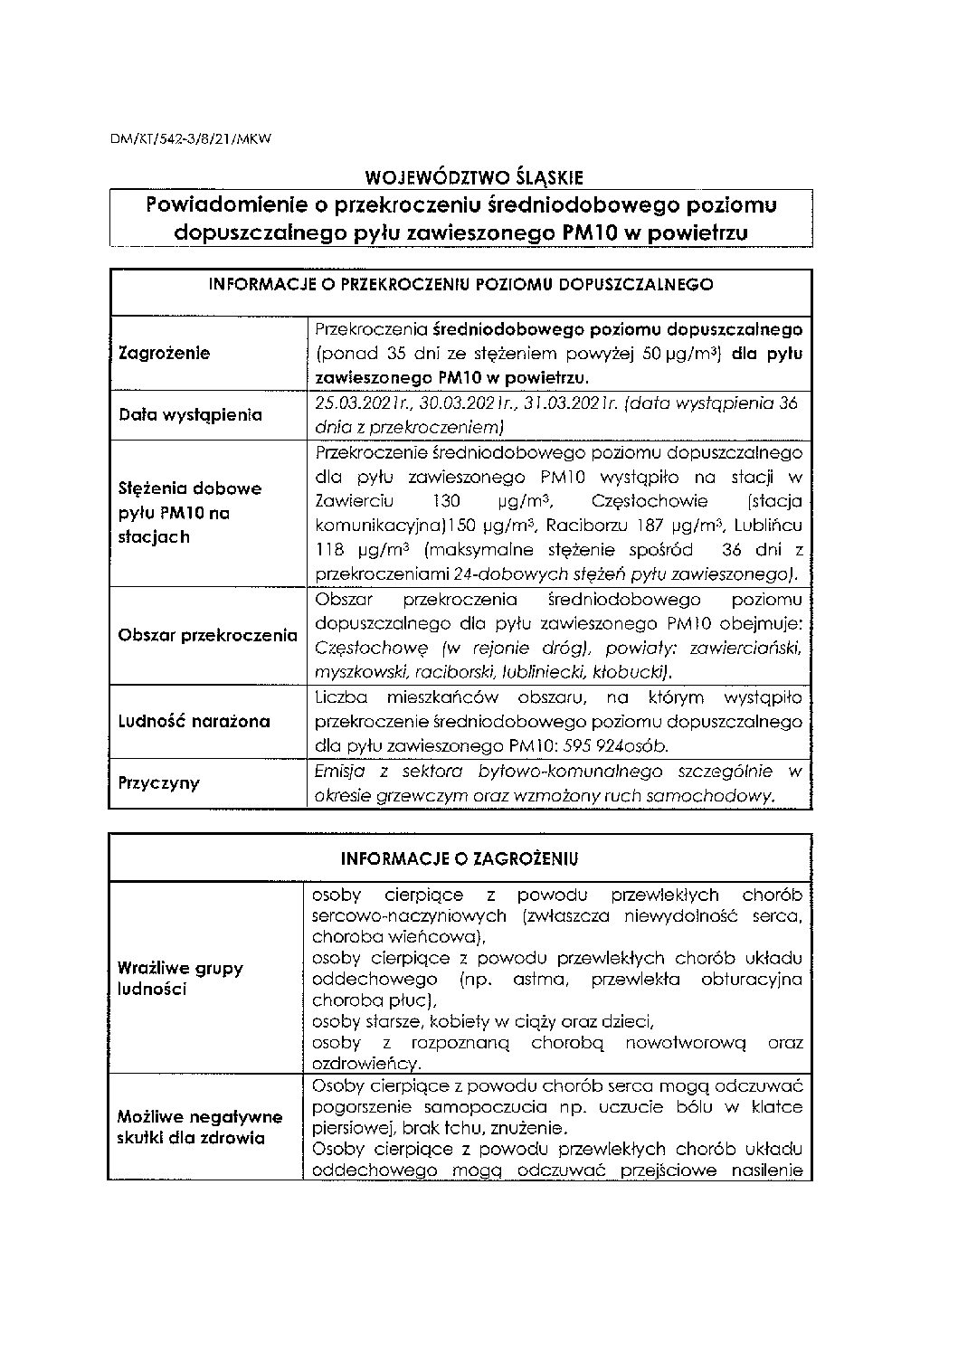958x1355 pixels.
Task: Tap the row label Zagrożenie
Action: pos(165,353)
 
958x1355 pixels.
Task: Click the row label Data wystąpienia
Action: pos(191,415)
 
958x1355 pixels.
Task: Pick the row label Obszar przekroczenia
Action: pos(207,635)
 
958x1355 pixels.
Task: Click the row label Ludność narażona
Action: pos(194,722)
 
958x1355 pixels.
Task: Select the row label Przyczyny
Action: pos(158,782)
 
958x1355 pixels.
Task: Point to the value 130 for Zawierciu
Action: pos(448,501)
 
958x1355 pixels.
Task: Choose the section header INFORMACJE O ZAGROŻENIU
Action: pos(460,858)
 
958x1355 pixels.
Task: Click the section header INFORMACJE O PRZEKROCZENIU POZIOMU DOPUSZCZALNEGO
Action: pos(460,284)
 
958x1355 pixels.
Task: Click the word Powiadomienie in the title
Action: pos(222,205)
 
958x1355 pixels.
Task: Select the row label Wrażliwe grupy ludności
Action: pos(180,978)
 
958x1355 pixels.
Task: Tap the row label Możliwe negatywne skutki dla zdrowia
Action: pos(200,1127)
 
